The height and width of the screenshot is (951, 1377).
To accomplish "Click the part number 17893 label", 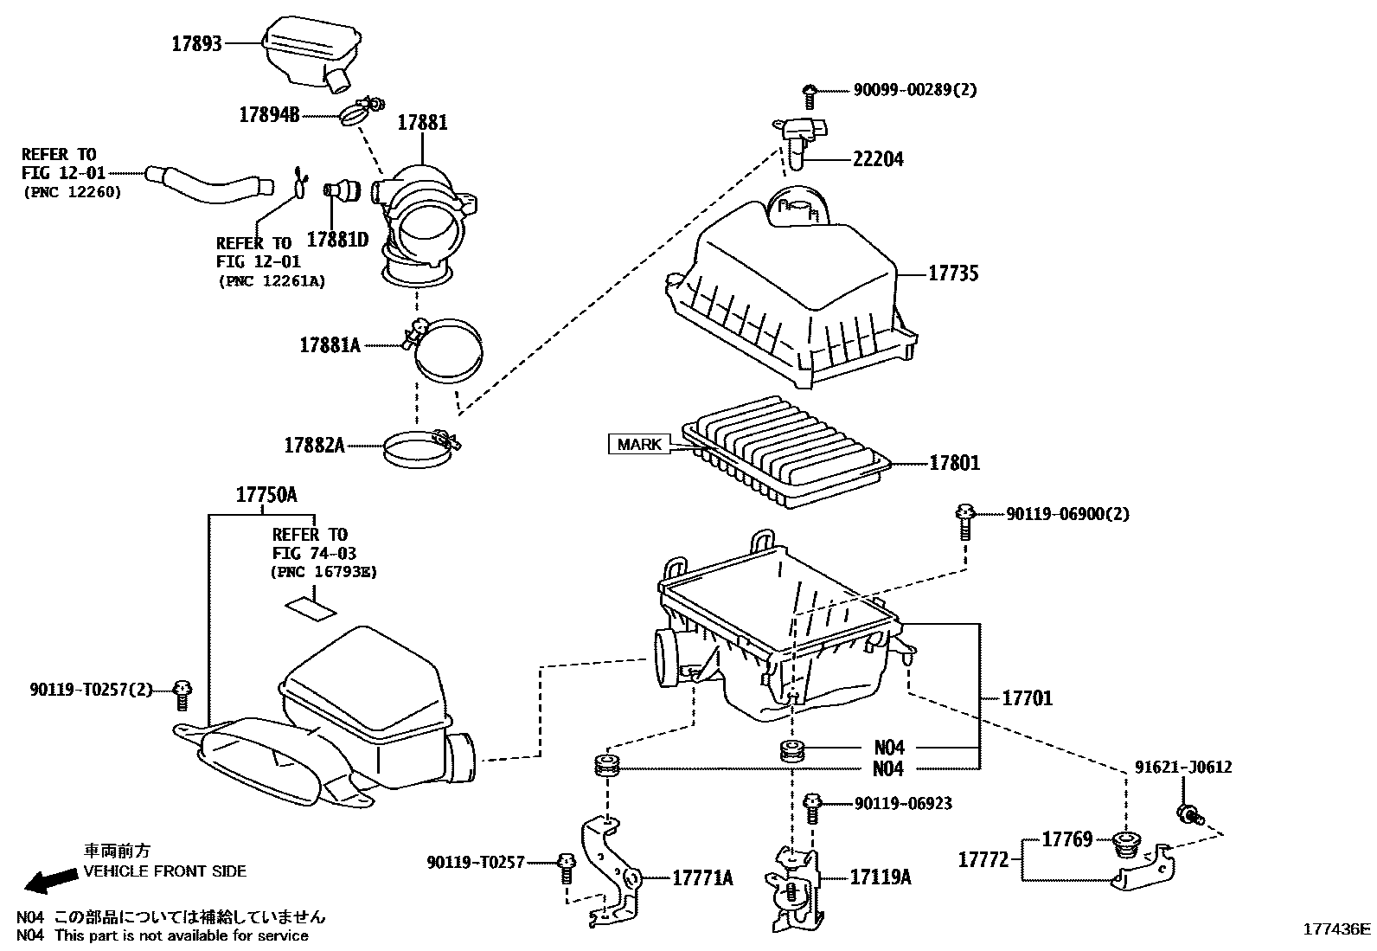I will [196, 43].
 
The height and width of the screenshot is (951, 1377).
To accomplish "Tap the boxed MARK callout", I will [640, 445].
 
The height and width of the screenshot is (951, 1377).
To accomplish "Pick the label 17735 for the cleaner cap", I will [953, 273].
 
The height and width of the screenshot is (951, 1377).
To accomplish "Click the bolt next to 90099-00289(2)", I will [810, 90].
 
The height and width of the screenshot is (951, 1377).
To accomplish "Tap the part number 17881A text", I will [330, 344].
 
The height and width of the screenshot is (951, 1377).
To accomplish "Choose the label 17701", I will [1028, 697].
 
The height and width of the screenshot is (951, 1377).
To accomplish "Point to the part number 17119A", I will [880, 877].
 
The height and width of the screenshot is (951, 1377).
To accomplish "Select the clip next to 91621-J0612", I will [1188, 813].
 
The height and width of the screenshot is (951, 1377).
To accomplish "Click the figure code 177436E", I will [1337, 929].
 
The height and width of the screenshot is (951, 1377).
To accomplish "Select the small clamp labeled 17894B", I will [355, 113].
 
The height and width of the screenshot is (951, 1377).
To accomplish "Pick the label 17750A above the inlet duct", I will [266, 495].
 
